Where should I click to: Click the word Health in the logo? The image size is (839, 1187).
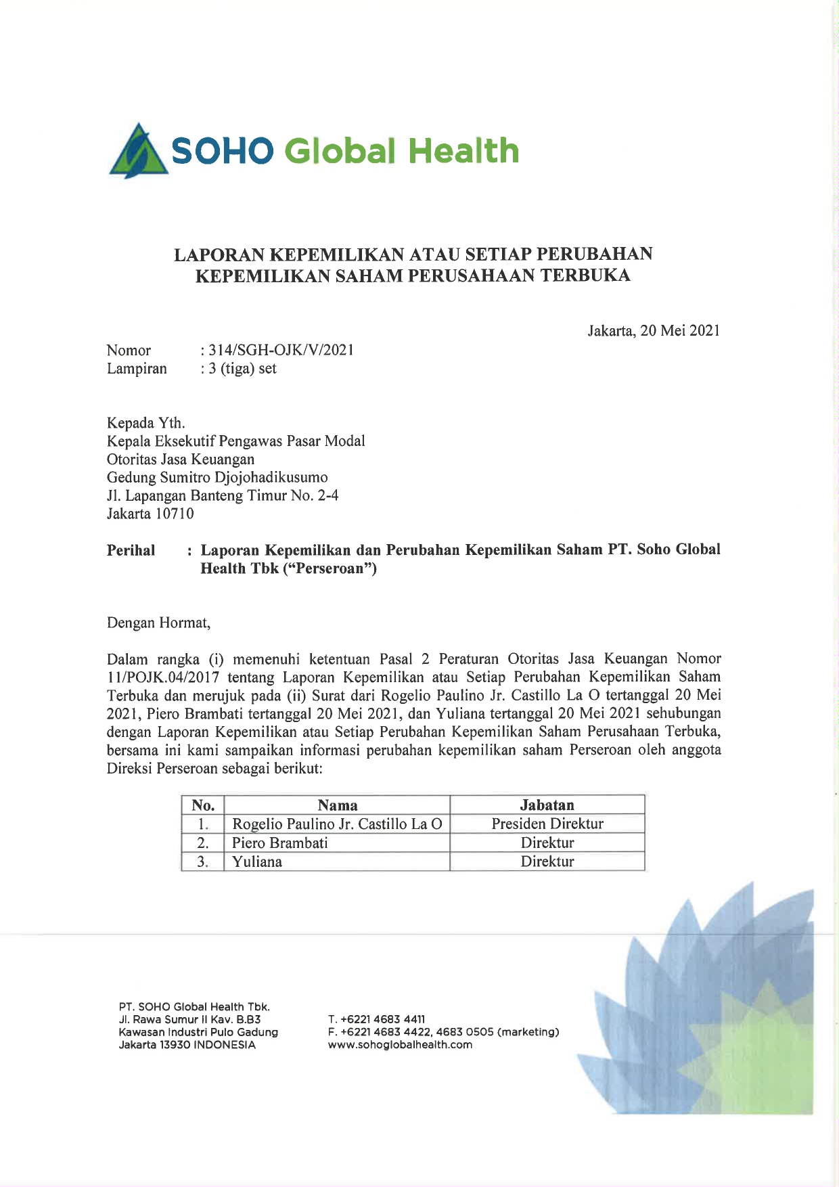pyautogui.click(x=463, y=150)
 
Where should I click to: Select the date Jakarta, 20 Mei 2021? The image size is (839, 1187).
pyautogui.click(x=654, y=331)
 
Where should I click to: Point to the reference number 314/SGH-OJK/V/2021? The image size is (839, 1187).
pyautogui.click(x=281, y=351)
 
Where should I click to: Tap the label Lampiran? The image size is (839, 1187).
pyautogui.click(x=137, y=369)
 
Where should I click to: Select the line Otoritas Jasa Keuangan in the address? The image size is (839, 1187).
pyautogui.click(x=181, y=460)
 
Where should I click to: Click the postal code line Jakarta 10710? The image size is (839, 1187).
pyautogui.click(x=150, y=514)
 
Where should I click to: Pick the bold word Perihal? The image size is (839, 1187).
pyautogui.click(x=131, y=550)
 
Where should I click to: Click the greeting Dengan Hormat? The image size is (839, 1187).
pyautogui.click(x=158, y=623)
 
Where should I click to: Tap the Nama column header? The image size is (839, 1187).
pyautogui.click(x=337, y=805)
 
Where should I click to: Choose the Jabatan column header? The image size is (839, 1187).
pyautogui.click(x=547, y=805)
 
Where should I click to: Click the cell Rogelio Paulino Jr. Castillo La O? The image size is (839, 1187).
pyautogui.click(x=337, y=824)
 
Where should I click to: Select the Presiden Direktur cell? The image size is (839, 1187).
pyautogui.click(x=547, y=824)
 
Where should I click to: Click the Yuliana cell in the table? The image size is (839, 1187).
pyautogui.click(x=256, y=862)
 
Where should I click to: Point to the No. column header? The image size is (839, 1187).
pyautogui.click(x=203, y=805)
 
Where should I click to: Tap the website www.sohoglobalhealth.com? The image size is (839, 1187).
pyautogui.click(x=400, y=1045)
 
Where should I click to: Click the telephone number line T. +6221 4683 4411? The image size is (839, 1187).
pyautogui.click(x=376, y=1019)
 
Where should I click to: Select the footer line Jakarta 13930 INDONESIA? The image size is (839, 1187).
pyautogui.click(x=187, y=1045)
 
